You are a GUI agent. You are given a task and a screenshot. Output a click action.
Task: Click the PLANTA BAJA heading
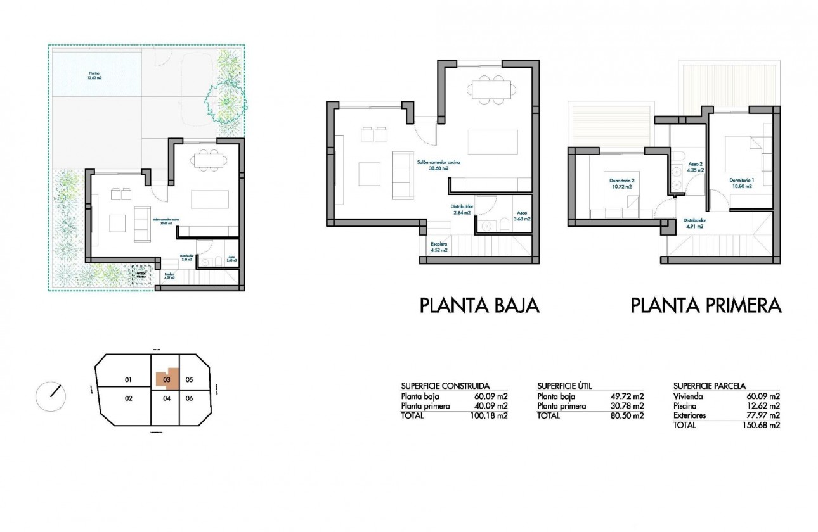(x=479, y=306)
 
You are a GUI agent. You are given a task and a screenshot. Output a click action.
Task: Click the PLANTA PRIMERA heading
(x=706, y=306)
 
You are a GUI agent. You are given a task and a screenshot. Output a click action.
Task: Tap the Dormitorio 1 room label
(x=740, y=183)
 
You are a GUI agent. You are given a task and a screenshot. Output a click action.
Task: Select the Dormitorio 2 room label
(x=621, y=184)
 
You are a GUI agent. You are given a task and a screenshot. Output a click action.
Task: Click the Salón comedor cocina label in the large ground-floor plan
(x=438, y=166)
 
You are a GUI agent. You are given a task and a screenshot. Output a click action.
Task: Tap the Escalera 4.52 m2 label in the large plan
(x=439, y=247)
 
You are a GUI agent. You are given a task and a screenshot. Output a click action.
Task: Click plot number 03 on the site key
(x=167, y=380)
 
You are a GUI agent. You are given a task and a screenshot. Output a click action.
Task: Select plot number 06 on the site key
(x=189, y=398)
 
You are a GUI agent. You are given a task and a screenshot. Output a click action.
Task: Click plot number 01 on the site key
(x=127, y=380)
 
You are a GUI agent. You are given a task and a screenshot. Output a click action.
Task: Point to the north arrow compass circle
(x=51, y=396)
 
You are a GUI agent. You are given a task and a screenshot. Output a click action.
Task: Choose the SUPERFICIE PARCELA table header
(x=709, y=385)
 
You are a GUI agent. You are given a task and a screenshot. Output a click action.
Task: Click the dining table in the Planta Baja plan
(x=491, y=89)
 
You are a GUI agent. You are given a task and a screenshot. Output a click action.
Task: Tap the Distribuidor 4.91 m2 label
(x=695, y=223)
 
